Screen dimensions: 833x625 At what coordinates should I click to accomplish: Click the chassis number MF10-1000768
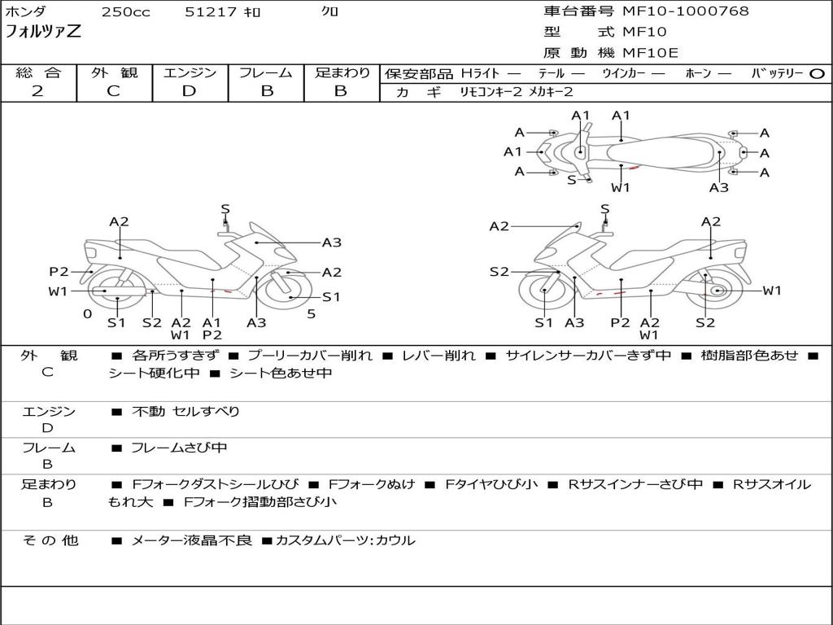pos(685,11)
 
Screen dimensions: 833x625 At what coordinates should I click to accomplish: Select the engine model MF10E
pos(650,53)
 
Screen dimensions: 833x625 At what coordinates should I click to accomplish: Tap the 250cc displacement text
pos(126,11)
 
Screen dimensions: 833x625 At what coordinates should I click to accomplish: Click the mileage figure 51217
pos(211,11)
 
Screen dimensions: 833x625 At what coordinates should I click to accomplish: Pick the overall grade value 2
pos(37,91)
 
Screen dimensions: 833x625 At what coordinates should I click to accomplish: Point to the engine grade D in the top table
pos(189,91)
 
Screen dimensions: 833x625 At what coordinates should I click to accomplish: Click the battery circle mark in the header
pos(817,74)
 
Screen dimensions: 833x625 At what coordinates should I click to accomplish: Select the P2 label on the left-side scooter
pos(59,272)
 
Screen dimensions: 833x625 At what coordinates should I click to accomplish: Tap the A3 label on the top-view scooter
pos(719,188)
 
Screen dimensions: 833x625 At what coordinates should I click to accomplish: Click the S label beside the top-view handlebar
pos(571,180)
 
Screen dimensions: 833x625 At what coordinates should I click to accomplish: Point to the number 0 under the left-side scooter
pos(88,313)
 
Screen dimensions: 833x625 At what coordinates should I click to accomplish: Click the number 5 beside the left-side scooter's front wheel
pos(312,313)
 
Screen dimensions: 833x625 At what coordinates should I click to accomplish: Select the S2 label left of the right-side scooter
pos(499,272)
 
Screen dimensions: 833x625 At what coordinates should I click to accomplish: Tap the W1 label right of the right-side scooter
pos(772,291)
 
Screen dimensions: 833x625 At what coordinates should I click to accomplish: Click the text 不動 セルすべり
pos(185,411)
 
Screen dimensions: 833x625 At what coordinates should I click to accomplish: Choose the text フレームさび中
pos(179,448)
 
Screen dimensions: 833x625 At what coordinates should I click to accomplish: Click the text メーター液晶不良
pos(191,540)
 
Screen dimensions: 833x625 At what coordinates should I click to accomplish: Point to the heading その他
pos(50,540)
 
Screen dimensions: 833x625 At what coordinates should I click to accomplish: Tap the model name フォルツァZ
pos(43,31)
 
